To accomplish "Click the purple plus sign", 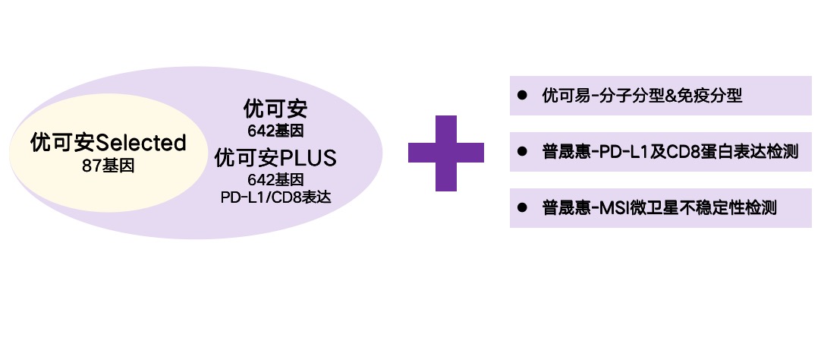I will [x=446, y=153].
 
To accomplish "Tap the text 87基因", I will [x=109, y=165].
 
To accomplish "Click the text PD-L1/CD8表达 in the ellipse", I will [x=275, y=197].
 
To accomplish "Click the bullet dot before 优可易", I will [x=522, y=96].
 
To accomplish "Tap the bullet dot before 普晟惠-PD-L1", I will [x=522, y=152].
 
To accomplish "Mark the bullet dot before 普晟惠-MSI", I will [x=522, y=207].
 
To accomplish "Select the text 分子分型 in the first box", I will [x=625, y=96].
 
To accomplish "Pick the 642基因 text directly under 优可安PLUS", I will [x=275, y=180].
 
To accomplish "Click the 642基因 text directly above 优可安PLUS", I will [x=275, y=130].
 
